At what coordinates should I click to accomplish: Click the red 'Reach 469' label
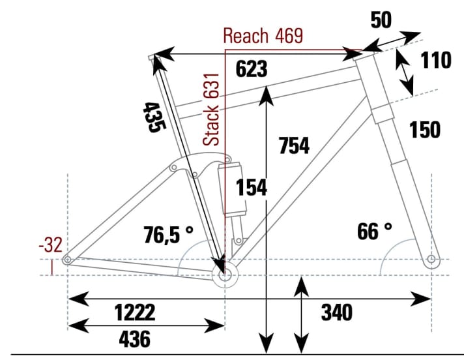(263, 36)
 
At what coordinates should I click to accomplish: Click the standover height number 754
(293, 146)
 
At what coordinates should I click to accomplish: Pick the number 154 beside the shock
(252, 187)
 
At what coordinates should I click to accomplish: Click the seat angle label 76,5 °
(167, 233)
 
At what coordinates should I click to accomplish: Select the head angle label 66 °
(375, 231)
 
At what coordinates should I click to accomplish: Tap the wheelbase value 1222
(135, 313)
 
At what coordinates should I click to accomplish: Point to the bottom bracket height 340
(336, 313)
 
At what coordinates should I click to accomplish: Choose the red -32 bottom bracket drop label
(50, 246)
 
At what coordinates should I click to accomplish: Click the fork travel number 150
(425, 130)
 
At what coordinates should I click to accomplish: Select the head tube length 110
(436, 61)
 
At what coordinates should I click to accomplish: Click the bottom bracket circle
(225, 275)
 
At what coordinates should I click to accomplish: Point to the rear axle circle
(67, 261)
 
